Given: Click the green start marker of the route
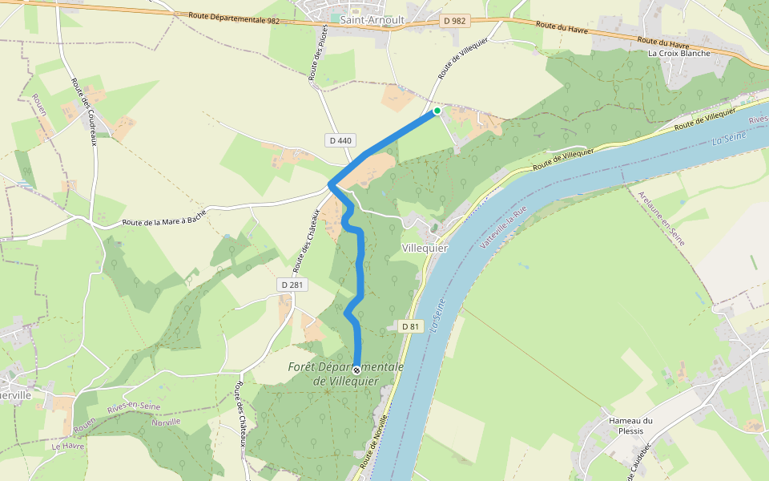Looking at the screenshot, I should point(437,111).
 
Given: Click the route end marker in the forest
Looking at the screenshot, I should point(356,370).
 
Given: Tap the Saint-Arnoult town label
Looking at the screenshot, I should point(372,19).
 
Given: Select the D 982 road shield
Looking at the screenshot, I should point(453,22).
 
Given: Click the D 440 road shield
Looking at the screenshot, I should point(340,140).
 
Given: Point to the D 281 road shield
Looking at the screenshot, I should point(294,285).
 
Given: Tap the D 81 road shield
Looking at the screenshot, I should point(410,326).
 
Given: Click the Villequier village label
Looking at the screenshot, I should point(424,248).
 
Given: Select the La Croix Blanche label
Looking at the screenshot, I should point(679,54).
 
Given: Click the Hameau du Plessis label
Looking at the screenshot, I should point(631,426).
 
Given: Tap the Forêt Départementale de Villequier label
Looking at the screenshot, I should point(345,374).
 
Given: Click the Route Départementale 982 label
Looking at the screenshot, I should point(234,18).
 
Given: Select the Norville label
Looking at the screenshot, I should point(166,422).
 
